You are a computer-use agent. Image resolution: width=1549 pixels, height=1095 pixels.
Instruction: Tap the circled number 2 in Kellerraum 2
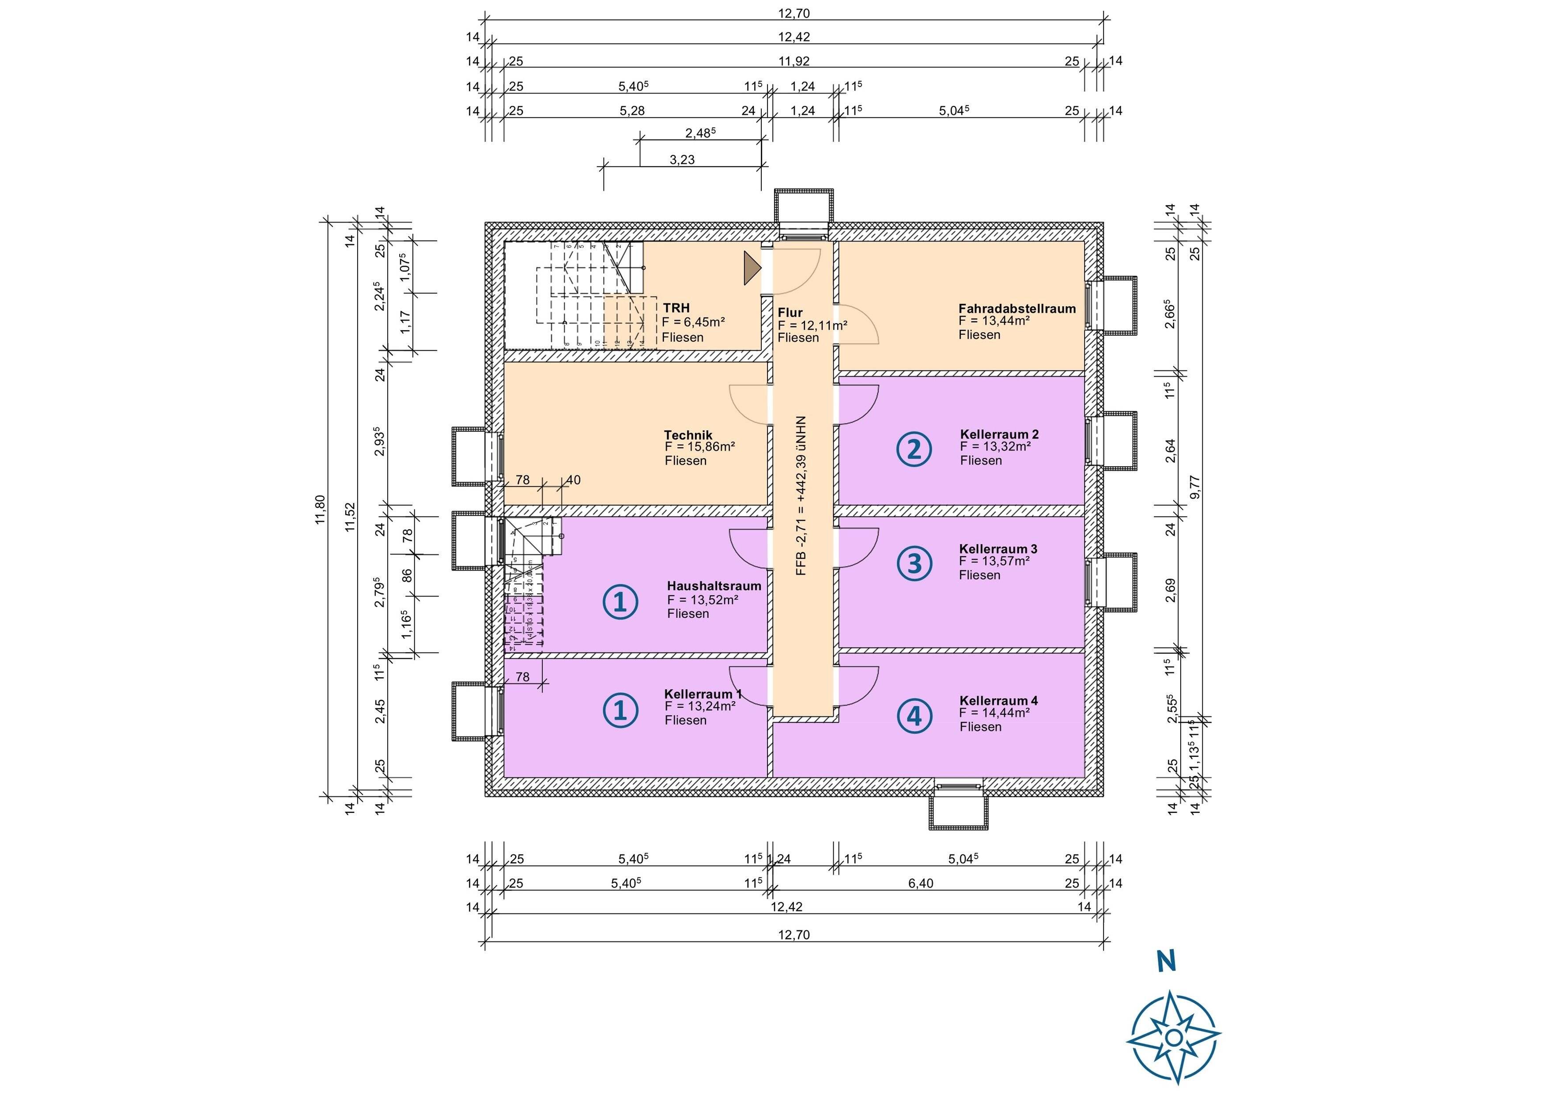click(x=914, y=449)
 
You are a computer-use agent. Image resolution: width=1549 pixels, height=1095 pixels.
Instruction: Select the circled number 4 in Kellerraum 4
click(x=914, y=716)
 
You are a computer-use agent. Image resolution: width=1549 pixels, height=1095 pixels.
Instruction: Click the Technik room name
click(x=688, y=435)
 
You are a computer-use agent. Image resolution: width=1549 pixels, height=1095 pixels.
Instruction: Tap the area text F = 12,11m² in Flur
click(x=812, y=325)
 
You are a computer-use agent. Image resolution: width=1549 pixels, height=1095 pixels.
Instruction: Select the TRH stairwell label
click(x=676, y=308)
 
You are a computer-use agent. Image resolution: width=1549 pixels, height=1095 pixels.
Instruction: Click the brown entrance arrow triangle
click(x=752, y=268)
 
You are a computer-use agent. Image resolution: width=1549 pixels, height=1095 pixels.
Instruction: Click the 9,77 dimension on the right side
click(x=1195, y=487)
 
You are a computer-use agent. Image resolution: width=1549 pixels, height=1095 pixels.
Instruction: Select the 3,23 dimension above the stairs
click(x=682, y=160)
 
